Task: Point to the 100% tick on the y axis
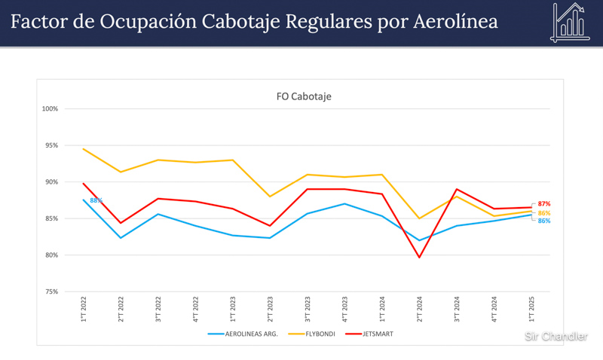[50, 109]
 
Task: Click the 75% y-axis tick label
[51, 292]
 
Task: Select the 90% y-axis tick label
[51, 182]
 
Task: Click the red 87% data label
[544, 204]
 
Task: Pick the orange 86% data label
[544, 213]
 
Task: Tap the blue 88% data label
[96, 200]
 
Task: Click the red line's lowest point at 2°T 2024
[419, 258]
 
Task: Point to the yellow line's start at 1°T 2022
[83, 148]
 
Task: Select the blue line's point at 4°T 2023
[344, 203]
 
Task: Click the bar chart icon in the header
[571, 22]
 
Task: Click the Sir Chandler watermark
[556, 337]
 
